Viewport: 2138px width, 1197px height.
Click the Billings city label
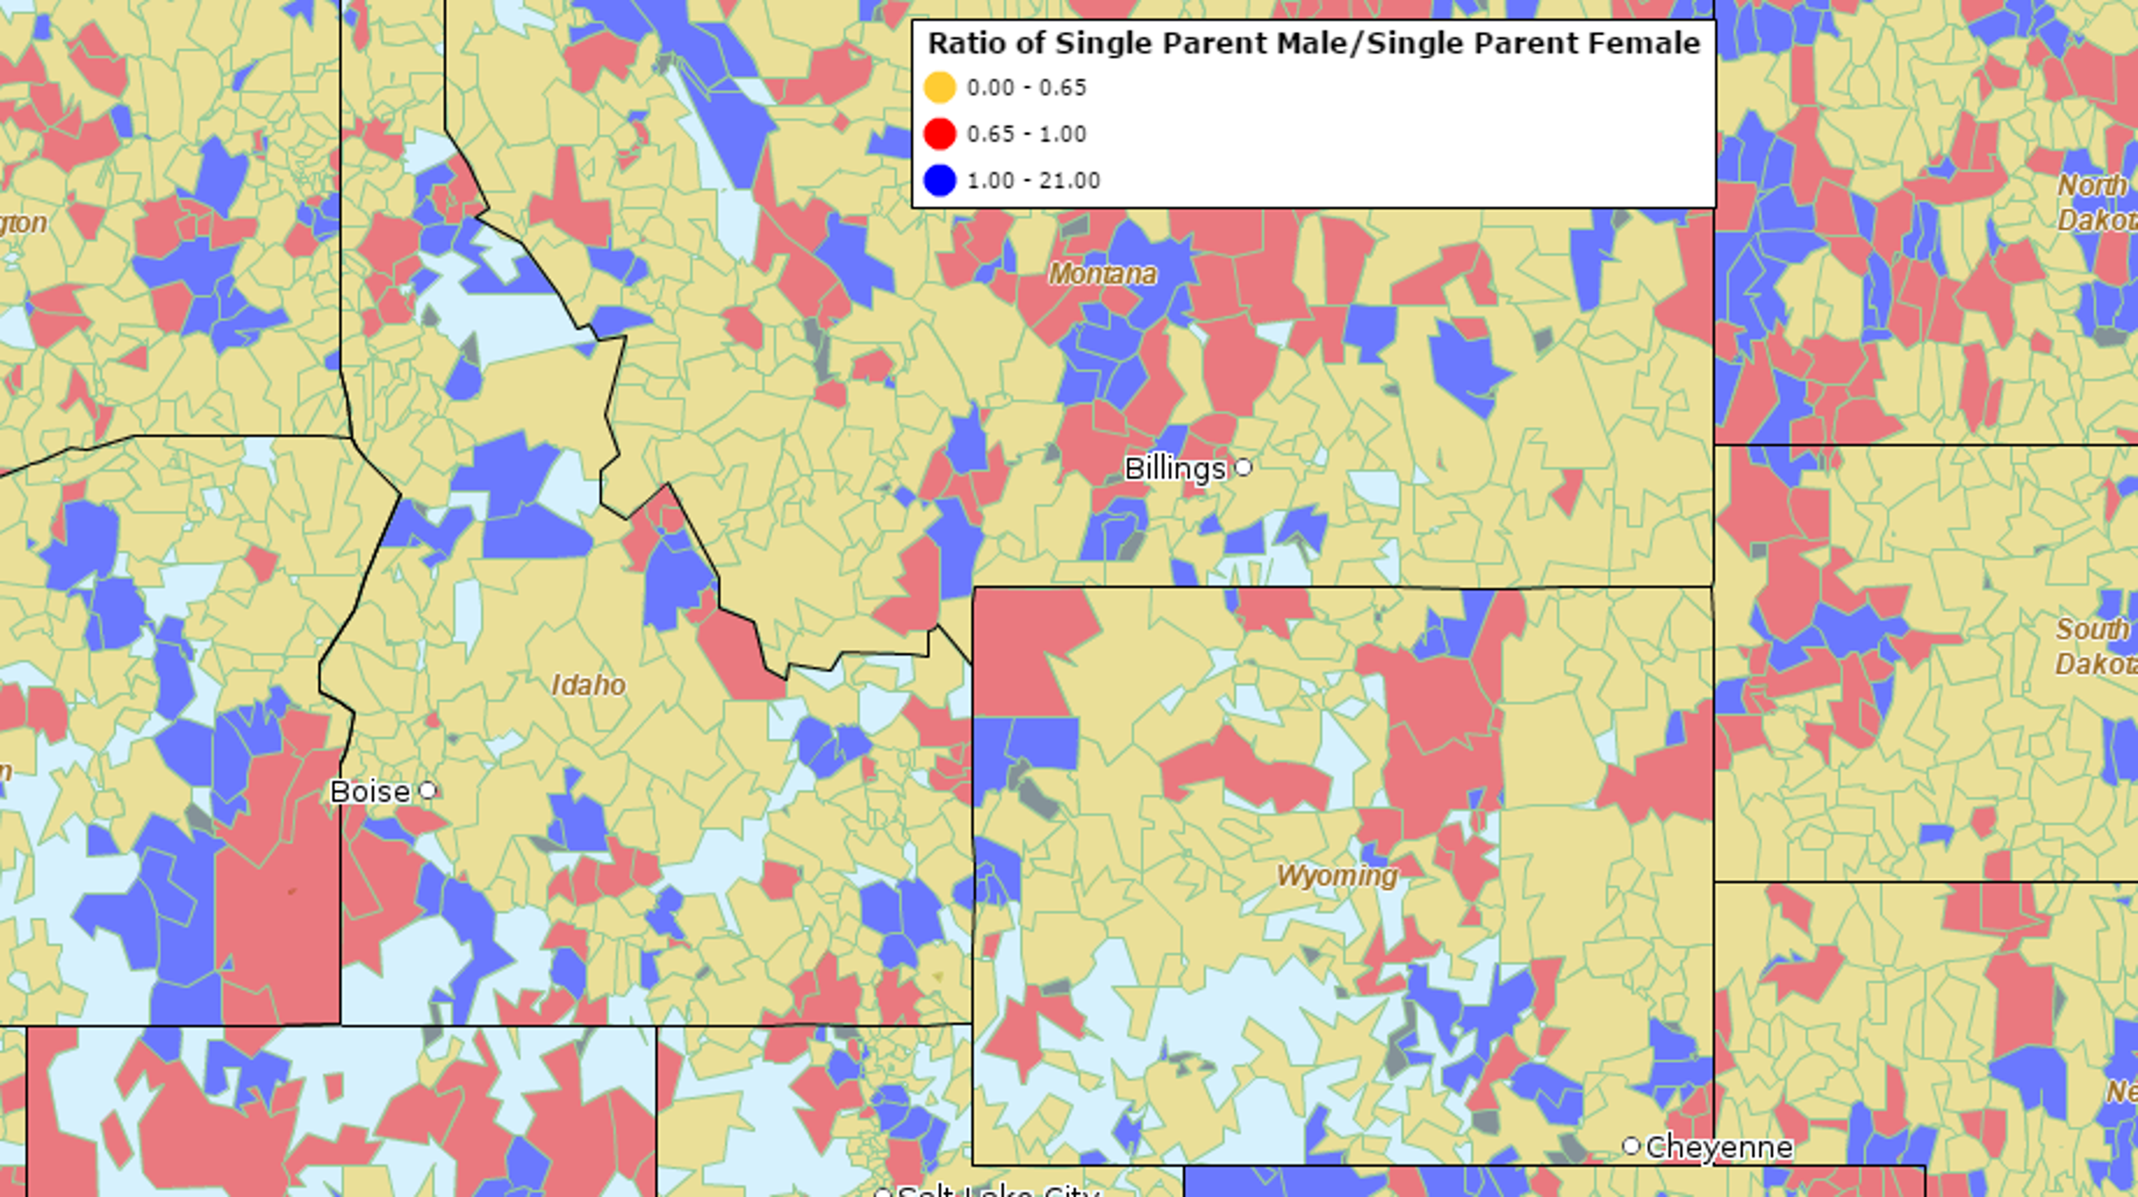(x=1174, y=469)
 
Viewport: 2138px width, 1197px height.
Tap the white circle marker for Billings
(x=1243, y=467)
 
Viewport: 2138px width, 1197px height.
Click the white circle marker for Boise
(x=428, y=790)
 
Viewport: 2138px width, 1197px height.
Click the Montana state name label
(x=1102, y=274)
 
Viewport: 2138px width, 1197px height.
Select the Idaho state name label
(x=589, y=685)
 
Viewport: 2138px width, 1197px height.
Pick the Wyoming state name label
(x=1336, y=876)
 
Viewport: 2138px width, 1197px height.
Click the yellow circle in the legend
(x=939, y=87)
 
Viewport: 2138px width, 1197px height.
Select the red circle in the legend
(x=939, y=134)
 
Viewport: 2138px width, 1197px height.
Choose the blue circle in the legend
(x=939, y=180)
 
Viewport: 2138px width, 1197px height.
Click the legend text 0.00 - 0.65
(x=1027, y=88)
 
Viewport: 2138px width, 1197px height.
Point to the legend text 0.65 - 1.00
(x=1027, y=134)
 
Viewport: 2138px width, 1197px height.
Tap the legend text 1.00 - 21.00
(x=1034, y=181)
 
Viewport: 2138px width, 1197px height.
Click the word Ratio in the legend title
(x=959, y=43)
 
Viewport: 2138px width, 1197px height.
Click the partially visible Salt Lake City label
(x=996, y=1192)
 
